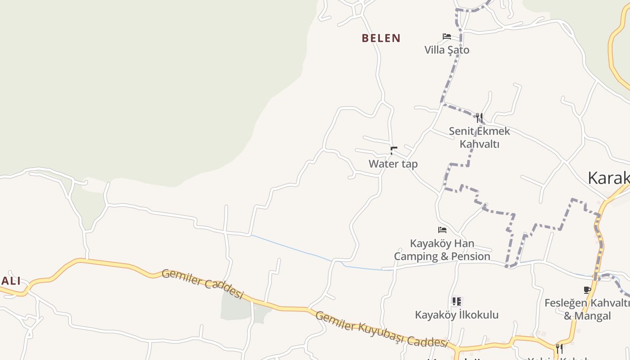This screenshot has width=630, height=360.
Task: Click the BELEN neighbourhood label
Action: (381, 38)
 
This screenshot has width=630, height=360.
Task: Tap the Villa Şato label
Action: (447, 50)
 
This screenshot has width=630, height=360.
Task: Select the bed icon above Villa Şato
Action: (447, 36)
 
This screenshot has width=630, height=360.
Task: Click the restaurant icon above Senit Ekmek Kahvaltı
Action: (479, 118)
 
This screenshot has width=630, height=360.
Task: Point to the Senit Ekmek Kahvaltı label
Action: (479, 137)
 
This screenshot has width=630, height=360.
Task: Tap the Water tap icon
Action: (393, 150)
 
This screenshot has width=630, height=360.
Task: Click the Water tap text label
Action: (393, 164)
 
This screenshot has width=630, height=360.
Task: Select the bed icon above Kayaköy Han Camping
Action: (442, 230)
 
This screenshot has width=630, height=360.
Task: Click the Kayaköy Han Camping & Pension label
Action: (442, 250)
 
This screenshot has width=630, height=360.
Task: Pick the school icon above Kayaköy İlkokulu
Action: (457, 301)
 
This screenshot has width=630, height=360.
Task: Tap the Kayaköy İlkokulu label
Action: (457, 315)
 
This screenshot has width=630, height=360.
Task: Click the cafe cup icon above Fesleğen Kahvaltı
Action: (587, 290)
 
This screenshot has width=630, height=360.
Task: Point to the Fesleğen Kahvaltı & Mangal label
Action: (587, 309)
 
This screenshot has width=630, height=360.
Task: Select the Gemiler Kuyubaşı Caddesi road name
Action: (382, 329)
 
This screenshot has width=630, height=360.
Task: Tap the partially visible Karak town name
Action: (608, 179)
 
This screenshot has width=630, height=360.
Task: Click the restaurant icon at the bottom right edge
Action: (559, 348)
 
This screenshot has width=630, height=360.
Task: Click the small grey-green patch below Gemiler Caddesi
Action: (235, 308)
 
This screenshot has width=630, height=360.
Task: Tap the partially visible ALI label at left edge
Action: (10, 281)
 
